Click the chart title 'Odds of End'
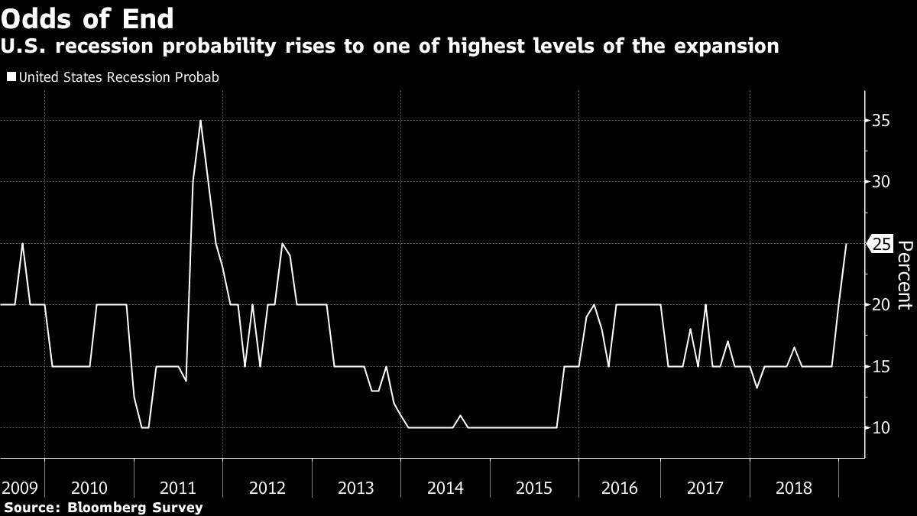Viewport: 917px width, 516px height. [87, 18]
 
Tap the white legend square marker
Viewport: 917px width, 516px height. [11, 77]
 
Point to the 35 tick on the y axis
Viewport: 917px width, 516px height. [882, 121]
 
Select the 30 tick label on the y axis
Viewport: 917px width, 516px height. [882, 182]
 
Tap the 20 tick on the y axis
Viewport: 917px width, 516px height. [882, 305]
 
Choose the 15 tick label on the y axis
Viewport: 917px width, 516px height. [882, 366]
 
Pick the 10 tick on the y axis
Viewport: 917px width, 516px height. [882, 427]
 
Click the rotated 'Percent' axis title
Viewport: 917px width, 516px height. [904, 274]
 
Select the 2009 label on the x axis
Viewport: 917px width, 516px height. [18, 487]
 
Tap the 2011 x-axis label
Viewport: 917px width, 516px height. [177, 487]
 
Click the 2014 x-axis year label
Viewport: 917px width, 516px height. [445, 487]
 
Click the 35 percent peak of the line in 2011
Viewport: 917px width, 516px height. [200, 121]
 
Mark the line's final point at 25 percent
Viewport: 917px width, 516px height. [846, 244]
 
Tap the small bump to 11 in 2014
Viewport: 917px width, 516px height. [460, 416]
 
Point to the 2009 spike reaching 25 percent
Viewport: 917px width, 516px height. [22, 244]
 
